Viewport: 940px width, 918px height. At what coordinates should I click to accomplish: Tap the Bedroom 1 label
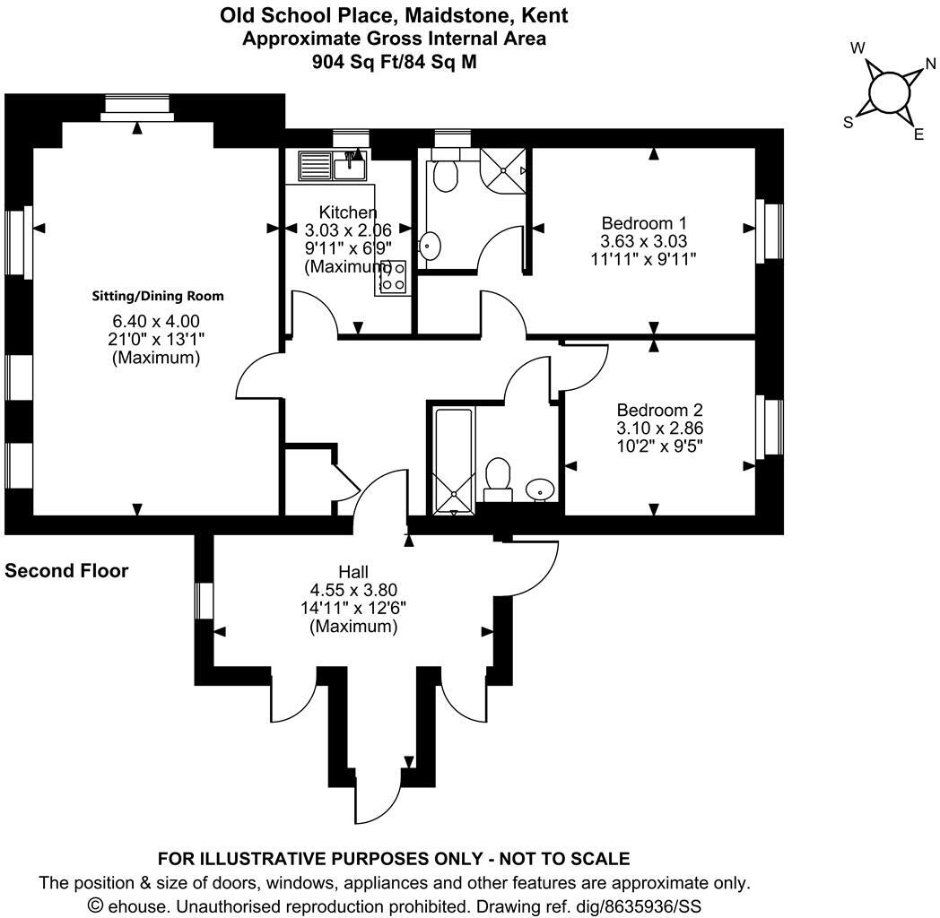point(643,222)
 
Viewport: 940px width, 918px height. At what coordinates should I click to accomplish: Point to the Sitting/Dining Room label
point(158,296)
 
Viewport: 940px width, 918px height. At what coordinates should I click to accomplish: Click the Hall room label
point(353,571)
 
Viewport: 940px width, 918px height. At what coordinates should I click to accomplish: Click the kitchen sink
point(347,165)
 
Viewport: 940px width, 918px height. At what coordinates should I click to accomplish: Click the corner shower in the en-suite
point(503,168)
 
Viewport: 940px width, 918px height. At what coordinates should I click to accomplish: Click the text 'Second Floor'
point(66,571)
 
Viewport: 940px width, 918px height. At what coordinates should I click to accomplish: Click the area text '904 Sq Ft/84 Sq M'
point(394,62)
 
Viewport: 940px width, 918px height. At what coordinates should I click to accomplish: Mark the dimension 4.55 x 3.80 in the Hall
point(353,589)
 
